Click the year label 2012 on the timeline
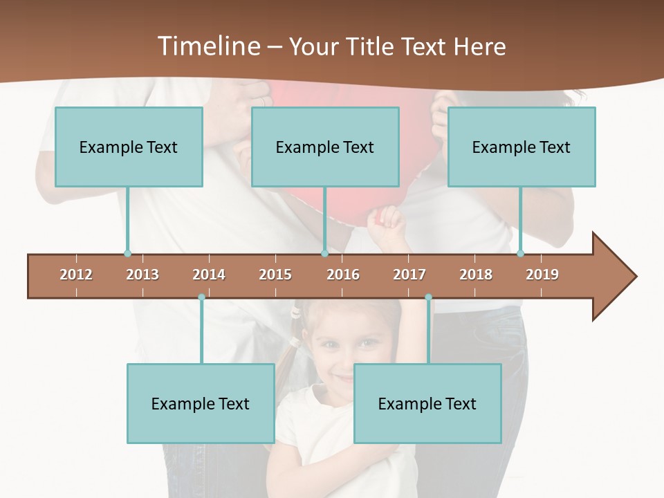76,275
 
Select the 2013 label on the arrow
142,275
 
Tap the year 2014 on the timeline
209,275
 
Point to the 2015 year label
275,275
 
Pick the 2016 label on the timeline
343,275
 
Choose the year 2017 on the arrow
409,275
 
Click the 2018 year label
476,275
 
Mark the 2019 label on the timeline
542,275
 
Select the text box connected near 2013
129,147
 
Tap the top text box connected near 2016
325,147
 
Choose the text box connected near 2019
522,147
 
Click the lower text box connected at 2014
201,403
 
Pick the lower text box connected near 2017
427,403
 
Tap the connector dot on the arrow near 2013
127,254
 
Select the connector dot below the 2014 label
201,297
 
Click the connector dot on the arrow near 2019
521,254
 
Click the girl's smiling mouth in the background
344,378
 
